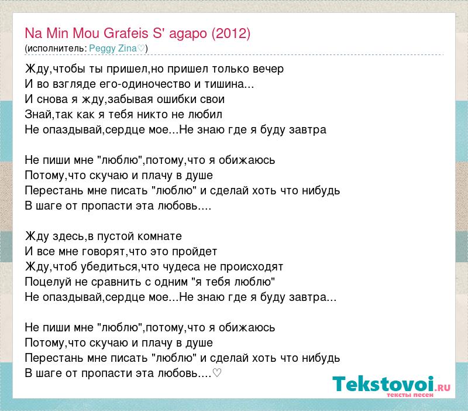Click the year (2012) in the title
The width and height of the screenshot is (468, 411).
[231, 33]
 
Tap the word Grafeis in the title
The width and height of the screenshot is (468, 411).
[126, 33]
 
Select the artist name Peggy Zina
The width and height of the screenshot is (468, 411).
[113, 49]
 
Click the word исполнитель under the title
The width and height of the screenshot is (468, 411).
[56, 49]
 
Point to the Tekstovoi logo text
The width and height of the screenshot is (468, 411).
[383, 384]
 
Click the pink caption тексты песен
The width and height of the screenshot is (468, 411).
[410, 395]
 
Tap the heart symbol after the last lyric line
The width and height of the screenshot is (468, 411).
[217, 372]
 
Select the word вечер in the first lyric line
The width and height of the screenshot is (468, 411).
[268, 69]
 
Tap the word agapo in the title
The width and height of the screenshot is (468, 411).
[188, 34]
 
